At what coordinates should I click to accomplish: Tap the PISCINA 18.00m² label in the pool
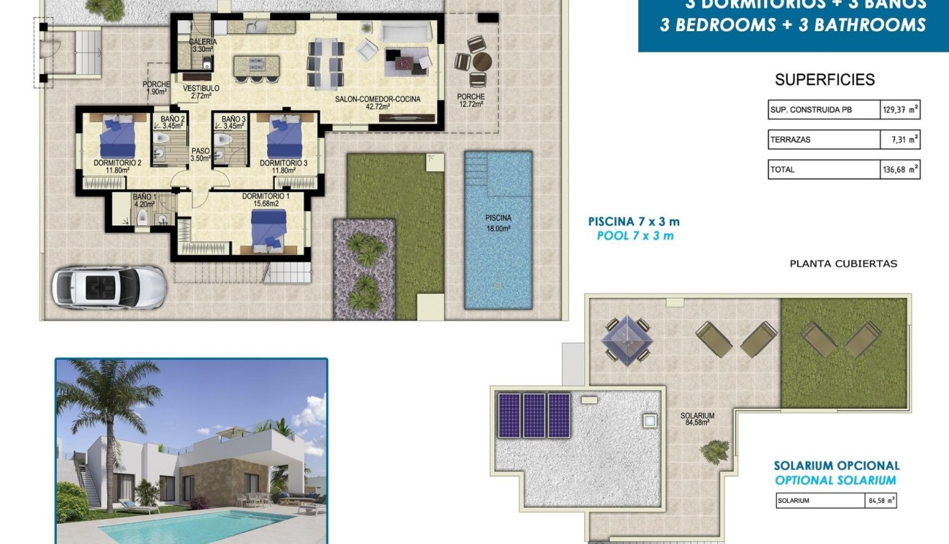[x=498, y=223]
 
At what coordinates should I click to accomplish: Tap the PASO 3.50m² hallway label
[x=200, y=155]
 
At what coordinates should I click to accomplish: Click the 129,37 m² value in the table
[x=900, y=110]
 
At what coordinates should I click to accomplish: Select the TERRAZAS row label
[x=790, y=140]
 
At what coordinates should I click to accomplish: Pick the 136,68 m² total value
[x=900, y=170]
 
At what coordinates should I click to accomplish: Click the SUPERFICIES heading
[x=825, y=80]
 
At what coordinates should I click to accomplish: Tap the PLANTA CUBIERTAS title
[x=843, y=264]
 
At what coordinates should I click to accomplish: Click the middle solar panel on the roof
[x=535, y=415]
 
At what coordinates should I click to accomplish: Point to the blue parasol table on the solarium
[x=626, y=338]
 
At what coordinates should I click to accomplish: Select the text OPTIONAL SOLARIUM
[x=835, y=481]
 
